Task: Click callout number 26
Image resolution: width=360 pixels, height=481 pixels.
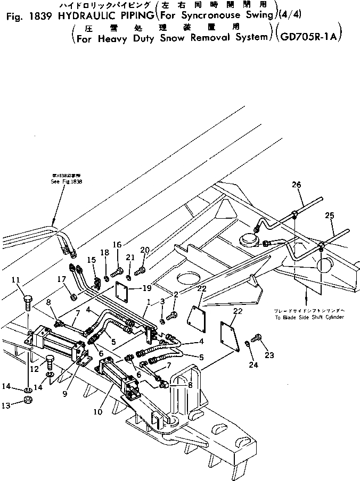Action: coord(296,185)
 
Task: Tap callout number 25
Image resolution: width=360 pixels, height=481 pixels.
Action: coord(330,217)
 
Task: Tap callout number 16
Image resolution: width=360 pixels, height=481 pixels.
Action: coord(117,244)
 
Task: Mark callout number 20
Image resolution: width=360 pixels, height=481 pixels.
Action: coord(144,250)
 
